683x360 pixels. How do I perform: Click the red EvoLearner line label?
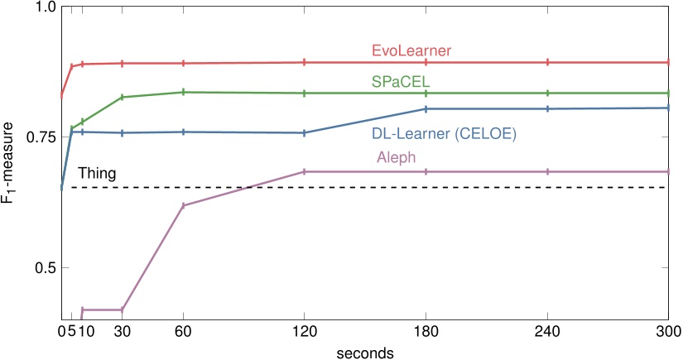pos(411,51)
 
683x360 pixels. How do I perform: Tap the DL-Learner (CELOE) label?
pos(450,132)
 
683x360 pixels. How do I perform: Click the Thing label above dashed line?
pos(97,174)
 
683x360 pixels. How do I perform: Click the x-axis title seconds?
pos(365,352)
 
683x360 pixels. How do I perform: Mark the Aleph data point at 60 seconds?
pos(183,205)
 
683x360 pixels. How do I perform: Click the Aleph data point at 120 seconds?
pos(305,171)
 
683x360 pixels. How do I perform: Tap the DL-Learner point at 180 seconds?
pos(426,108)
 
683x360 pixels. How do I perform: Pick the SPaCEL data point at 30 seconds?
pos(123,98)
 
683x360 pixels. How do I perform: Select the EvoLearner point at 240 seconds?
pos(547,62)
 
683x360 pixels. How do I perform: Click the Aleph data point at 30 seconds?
pos(123,310)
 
